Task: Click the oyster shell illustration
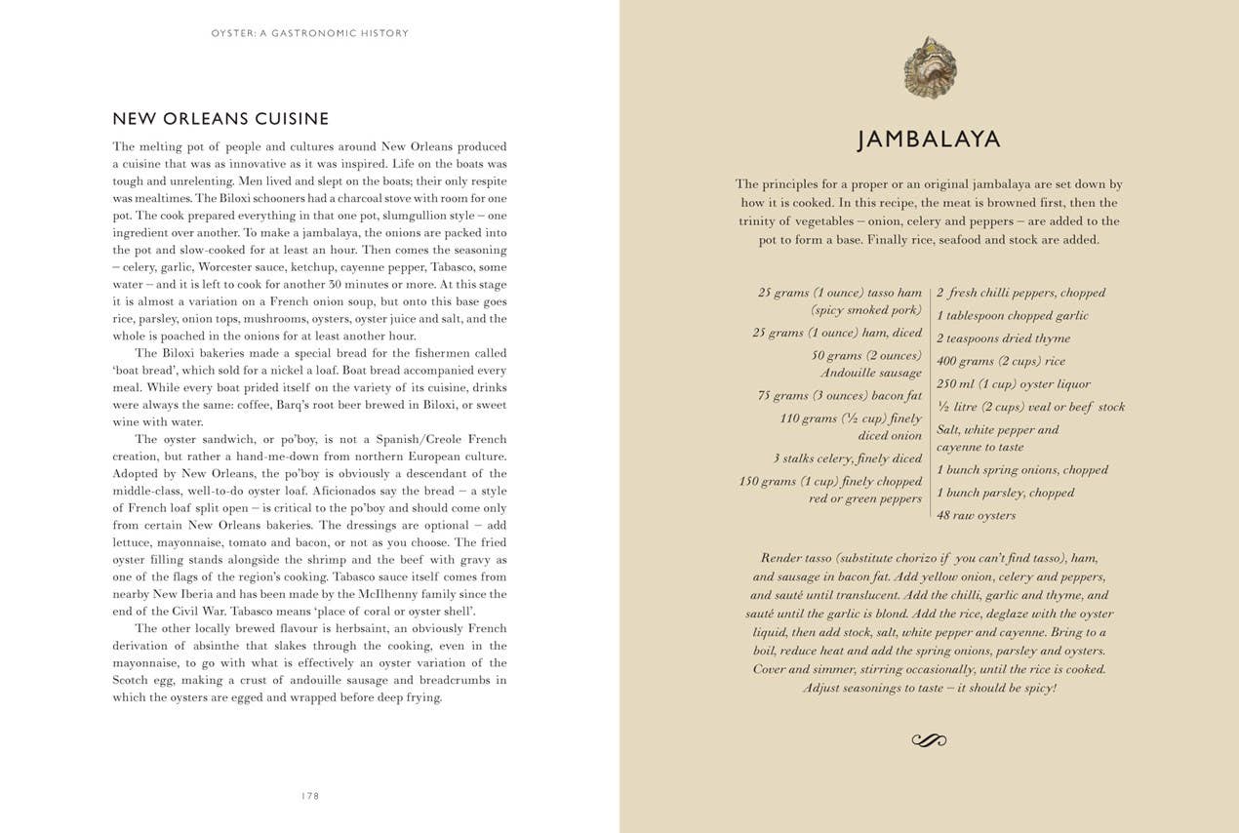pyautogui.click(x=930, y=67)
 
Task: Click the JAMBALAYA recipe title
pyautogui.click(x=929, y=139)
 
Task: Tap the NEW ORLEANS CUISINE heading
pyautogui.click(x=220, y=119)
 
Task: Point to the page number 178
pyautogui.click(x=310, y=796)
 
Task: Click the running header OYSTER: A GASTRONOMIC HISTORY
pyautogui.click(x=309, y=33)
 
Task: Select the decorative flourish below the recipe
pyautogui.click(x=929, y=740)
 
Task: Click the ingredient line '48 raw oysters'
pyautogui.click(x=976, y=516)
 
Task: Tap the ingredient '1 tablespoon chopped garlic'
pyautogui.click(x=1012, y=316)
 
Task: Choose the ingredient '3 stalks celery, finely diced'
pyautogui.click(x=847, y=458)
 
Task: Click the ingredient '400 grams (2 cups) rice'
pyautogui.click(x=1001, y=362)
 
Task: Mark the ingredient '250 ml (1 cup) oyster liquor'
pyautogui.click(x=1013, y=384)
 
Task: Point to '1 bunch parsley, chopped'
pyautogui.click(x=1005, y=493)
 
